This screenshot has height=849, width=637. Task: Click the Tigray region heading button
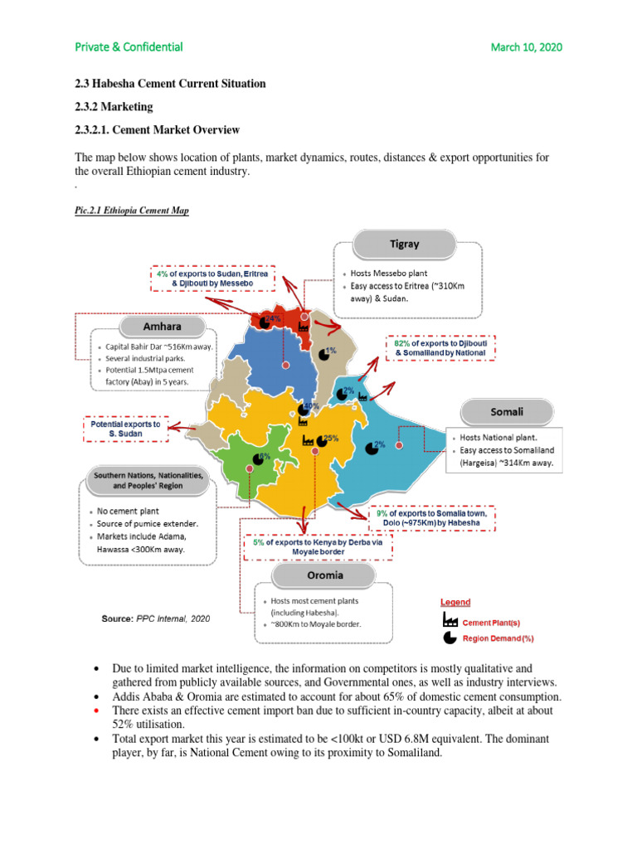[406, 245]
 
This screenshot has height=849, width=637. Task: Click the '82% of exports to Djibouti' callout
[440, 347]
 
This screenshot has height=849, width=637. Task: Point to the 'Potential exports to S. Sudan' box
[125, 429]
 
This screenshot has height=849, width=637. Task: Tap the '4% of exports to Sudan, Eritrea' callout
[211, 278]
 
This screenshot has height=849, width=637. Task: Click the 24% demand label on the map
[273, 318]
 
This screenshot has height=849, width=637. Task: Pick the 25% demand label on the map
[330, 438]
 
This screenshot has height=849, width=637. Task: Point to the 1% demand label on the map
[330, 352]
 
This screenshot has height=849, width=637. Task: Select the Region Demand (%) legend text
[498, 638]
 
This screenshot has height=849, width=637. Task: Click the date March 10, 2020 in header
[526, 46]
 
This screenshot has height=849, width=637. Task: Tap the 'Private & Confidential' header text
[129, 46]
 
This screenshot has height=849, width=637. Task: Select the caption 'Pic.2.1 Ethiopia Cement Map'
[132, 211]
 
